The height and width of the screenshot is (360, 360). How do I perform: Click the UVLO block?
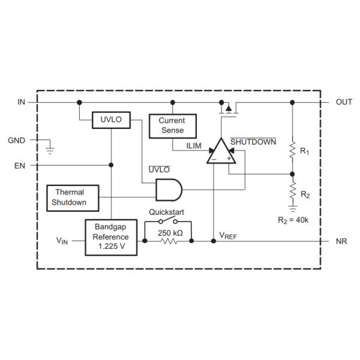pyautogui.click(x=111, y=120)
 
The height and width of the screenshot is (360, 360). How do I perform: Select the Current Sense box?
pyautogui.click(x=173, y=126)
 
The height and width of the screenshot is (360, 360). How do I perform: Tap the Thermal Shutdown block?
pyautogui.click(x=73, y=198)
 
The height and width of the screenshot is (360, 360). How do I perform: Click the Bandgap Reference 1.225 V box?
pyautogui.click(x=111, y=238)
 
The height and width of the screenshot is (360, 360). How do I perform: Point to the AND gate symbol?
pyautogui.click(x=169, y=190)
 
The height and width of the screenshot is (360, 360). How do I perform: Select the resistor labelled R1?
pyautogui.click(x=292, y=149)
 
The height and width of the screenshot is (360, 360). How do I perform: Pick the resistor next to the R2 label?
pyautogui.click(x=293, y=191)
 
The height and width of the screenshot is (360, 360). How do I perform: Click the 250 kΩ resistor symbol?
pyautogui.click(x=169, y=241)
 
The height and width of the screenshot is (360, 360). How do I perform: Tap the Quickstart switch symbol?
pyautogui.click(x=168, y=220)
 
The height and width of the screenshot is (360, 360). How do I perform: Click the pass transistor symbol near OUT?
pyautogui.click(x=229, y=109)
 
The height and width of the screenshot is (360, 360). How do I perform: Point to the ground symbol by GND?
pyautogui.click(x=50, y=150)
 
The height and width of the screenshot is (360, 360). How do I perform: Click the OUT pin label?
pyautogui.click(x=344, y=102)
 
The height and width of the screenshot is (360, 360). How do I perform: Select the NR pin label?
pyautogui.click(x=341, y=241)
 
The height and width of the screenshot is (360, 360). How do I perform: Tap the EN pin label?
pyautogui.click(x=20, y=166)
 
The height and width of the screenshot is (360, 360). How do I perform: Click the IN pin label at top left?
pyautogui.click(x=22, y=102)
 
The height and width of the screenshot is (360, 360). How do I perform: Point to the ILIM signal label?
pyautogui.click(x=194, y=146)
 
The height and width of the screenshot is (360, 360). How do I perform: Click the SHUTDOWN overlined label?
pyautogui.click(x=253, y=142)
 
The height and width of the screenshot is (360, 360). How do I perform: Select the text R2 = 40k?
pyautogui.click(x=293, y=220)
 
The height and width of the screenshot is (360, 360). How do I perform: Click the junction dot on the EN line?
pyautogui.click(x=111, y=165)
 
